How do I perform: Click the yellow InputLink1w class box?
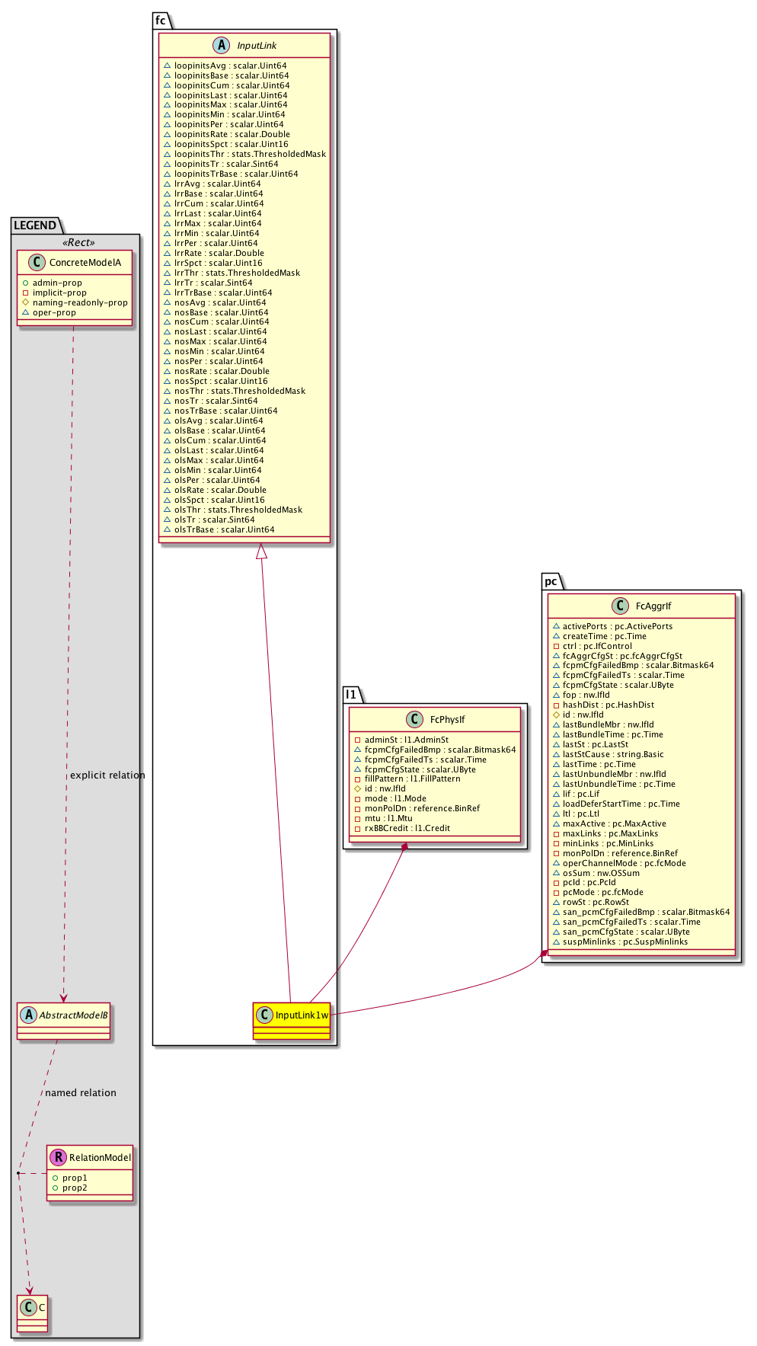click(292, 1020)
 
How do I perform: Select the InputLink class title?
click(257, 46)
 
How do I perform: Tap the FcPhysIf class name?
click(447, 719)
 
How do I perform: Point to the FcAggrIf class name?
click(653, 606)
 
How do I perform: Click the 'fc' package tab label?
click(161, 21)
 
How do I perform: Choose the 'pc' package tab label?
click(551, 581)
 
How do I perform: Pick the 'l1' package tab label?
click(351, 694)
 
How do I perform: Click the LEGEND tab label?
click(35, 225)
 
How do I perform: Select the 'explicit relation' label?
click(107, 775)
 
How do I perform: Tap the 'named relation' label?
click(81, 1092)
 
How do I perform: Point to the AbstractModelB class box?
click(64, 1020)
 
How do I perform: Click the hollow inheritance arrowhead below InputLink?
click(261, 551)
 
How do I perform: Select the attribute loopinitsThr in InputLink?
click(244, 154)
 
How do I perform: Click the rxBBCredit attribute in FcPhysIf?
click(407, 828)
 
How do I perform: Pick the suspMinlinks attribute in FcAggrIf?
click(624, 942)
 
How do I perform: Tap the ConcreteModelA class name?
click(85, 263)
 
